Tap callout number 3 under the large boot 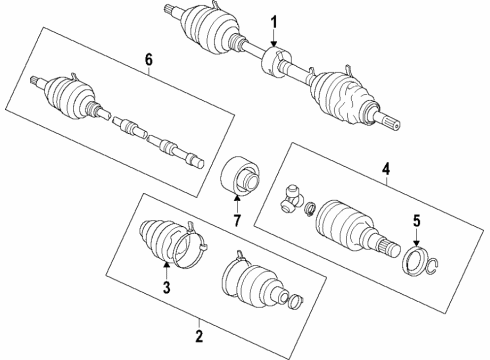[x=166, y=288]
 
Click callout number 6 [x=150, y=61]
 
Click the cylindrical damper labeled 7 [x=240, y=181]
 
